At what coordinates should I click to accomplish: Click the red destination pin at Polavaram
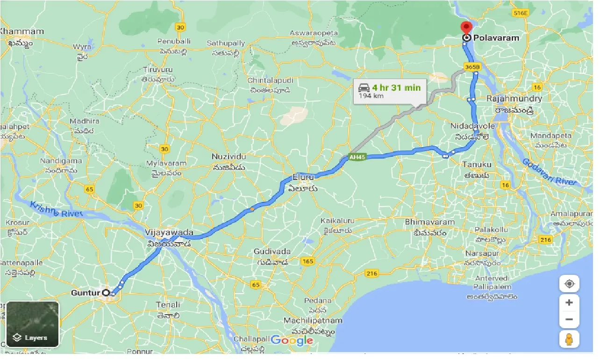(466, 27)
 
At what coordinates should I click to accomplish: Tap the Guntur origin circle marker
(106, 293)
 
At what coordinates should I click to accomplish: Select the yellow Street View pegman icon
(569, 340)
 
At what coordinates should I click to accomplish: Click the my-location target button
(569, 284)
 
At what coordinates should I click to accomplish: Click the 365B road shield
(472, 67)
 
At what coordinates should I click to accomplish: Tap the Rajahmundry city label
(514, 99)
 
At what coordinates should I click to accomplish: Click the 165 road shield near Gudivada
(307, 261)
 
